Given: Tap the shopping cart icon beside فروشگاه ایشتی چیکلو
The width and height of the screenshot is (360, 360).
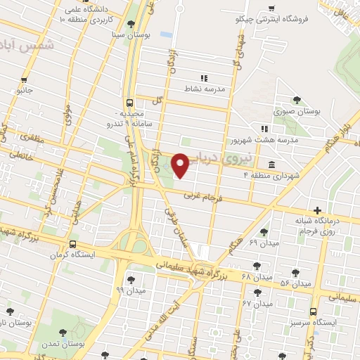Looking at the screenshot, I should point(271,8).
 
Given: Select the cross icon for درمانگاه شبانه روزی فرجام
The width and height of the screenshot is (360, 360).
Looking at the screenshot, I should point(318,210).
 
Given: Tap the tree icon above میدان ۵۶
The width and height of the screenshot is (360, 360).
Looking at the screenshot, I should point(295,272).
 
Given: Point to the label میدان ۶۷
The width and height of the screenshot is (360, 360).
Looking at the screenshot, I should point(257,304).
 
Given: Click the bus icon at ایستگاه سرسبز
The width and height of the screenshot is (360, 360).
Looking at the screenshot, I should point(313,311).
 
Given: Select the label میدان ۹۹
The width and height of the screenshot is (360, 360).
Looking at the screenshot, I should point(130,290).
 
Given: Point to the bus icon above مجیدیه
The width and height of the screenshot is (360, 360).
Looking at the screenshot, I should point(129,101).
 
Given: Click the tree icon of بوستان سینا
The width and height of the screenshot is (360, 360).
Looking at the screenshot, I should point(131,24).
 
